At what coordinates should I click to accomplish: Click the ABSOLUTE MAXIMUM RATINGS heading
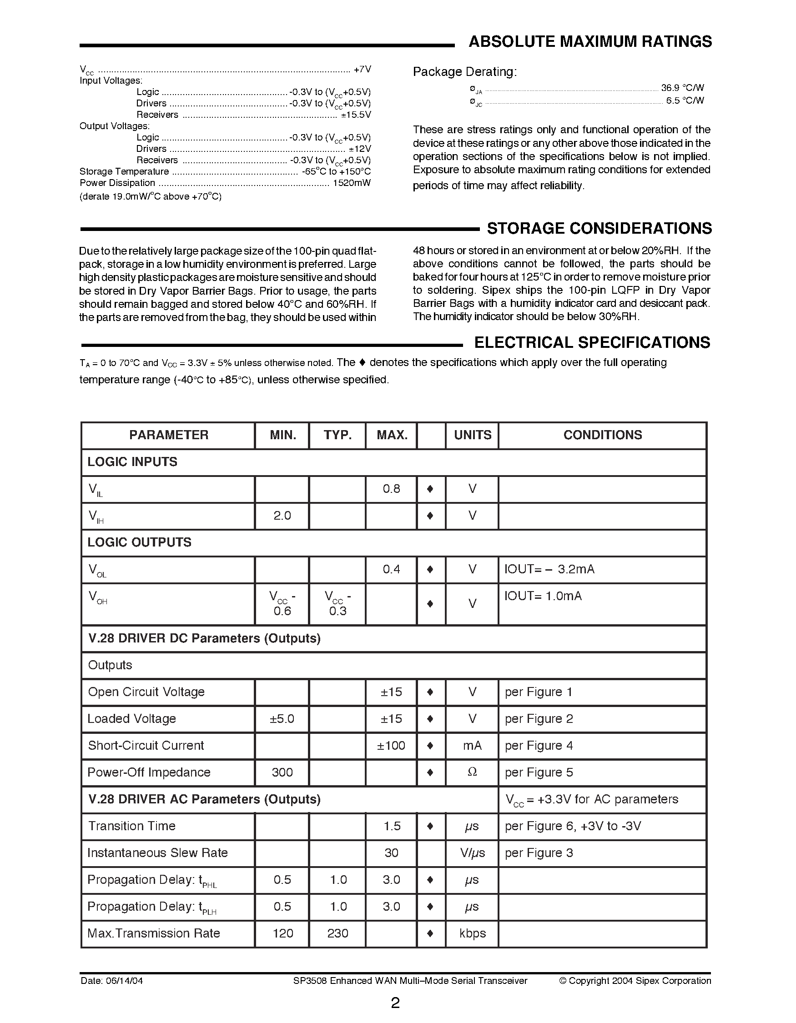[590, 42]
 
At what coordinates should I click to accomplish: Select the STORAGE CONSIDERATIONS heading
[599, 228]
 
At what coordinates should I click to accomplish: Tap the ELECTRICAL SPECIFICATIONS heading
[592, 342]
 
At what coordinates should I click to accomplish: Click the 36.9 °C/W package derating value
[682, 88]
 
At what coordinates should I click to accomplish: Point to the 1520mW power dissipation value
[352, 183]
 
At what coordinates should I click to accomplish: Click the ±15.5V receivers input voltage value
[356, 115]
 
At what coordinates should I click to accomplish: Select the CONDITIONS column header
[603, 435]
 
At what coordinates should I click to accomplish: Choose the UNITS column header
[472, 435]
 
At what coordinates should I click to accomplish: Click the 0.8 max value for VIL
[391, 489]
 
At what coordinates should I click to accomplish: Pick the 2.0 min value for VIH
[282, 516]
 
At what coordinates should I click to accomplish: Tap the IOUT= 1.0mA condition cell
[543, 596]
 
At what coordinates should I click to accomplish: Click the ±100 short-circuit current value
[391, 746]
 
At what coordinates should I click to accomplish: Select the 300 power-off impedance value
[282, 772]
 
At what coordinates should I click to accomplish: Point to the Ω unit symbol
[472, 772]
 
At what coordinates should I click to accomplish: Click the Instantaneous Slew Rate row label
[157, 853]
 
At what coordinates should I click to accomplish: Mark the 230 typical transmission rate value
[338, 933]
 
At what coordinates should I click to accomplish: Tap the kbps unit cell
[472, 933]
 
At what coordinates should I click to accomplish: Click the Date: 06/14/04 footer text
[111, 981]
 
